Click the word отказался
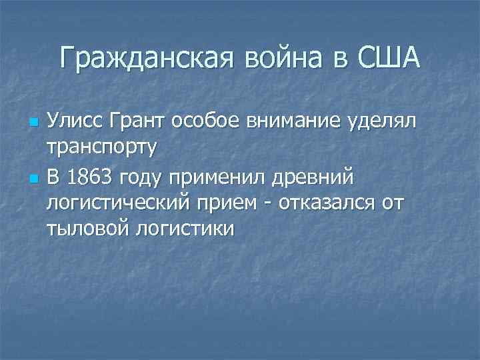(329, 203)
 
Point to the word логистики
(185, 229)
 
